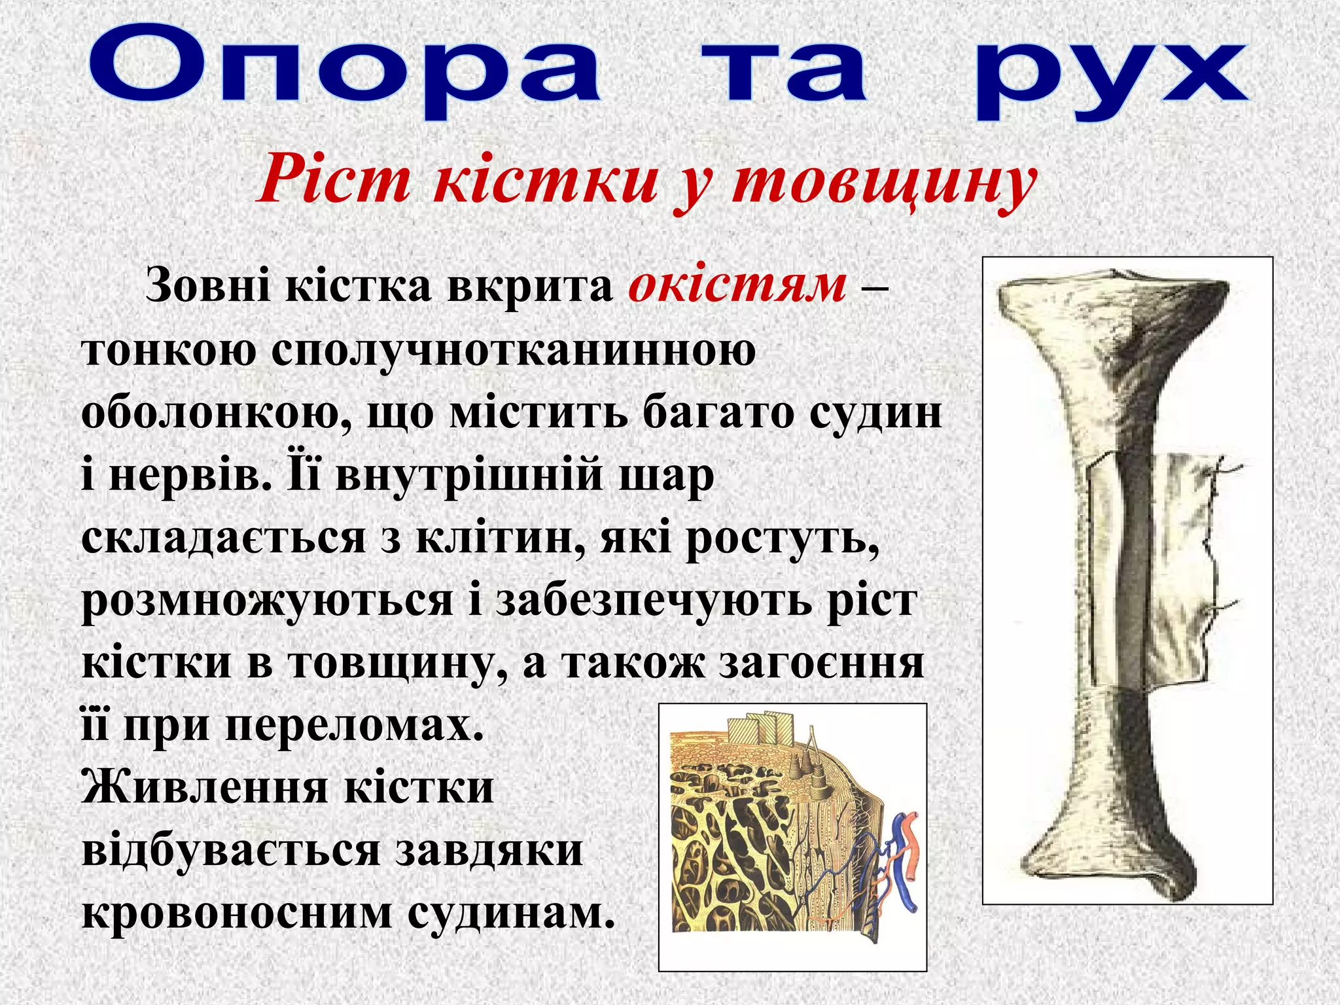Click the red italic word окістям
click(x=737, y=286)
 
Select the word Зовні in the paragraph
click(x=207, y=286)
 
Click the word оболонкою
click(x=216, y=414)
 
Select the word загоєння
click(x=821, y=663)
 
